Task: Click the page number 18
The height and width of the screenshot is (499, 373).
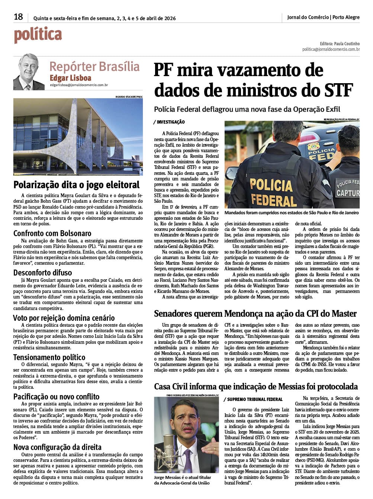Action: coord(18,17)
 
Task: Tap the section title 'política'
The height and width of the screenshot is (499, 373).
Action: coord(38,35)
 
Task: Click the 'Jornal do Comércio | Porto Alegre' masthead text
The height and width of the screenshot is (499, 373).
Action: coord(323,17)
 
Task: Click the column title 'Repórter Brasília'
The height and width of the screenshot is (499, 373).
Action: coord(94,66)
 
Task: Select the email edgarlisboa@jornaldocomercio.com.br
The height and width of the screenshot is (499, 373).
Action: coord(79,85)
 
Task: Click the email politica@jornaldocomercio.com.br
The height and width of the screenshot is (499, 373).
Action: coord(331,49)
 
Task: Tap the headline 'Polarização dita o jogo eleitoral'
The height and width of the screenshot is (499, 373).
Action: coord(77,185)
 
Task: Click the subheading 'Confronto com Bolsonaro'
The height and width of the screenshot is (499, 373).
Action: coord(52,233)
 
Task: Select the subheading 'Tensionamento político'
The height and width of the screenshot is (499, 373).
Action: coord(49,357)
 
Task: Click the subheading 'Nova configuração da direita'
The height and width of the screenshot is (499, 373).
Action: coord(57,447)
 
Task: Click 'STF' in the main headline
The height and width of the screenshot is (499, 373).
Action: coord(338,90)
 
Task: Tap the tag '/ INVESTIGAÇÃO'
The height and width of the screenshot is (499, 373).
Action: coord(169,122)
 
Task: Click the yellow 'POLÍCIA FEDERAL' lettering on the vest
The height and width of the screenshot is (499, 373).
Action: coord(273,192)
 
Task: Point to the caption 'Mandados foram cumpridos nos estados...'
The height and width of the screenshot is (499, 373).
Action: coord(292,213)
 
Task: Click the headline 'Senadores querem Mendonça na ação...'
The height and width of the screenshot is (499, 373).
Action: coord(255,314)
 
